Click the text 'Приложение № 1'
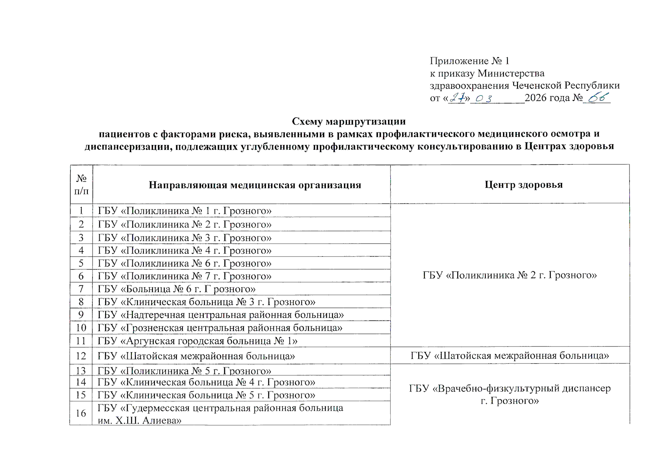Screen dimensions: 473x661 470,61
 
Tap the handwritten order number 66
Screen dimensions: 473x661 598,97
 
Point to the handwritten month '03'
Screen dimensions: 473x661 484,98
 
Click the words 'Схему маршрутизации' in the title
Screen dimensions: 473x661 349,121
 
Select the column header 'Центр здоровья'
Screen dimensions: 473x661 524,184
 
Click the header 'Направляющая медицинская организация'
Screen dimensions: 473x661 255,185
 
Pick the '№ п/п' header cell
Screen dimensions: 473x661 81,184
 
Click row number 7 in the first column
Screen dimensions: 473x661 81,289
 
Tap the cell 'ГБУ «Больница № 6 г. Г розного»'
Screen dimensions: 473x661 176,289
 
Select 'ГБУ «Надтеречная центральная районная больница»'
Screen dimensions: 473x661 221,315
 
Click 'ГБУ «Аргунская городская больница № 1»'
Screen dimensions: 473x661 197,341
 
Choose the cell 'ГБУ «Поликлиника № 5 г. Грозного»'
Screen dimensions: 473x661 184,371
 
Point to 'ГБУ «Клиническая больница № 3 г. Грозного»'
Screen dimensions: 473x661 206,302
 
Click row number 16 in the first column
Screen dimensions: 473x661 81,413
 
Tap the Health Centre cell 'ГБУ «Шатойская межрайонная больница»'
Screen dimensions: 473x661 510,356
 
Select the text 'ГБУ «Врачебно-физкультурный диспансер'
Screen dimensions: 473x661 510,389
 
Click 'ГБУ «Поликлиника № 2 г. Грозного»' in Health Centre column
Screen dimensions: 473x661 510,275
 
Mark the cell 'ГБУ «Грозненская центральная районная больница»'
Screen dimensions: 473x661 220,328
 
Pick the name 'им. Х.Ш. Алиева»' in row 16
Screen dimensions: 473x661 139,421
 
